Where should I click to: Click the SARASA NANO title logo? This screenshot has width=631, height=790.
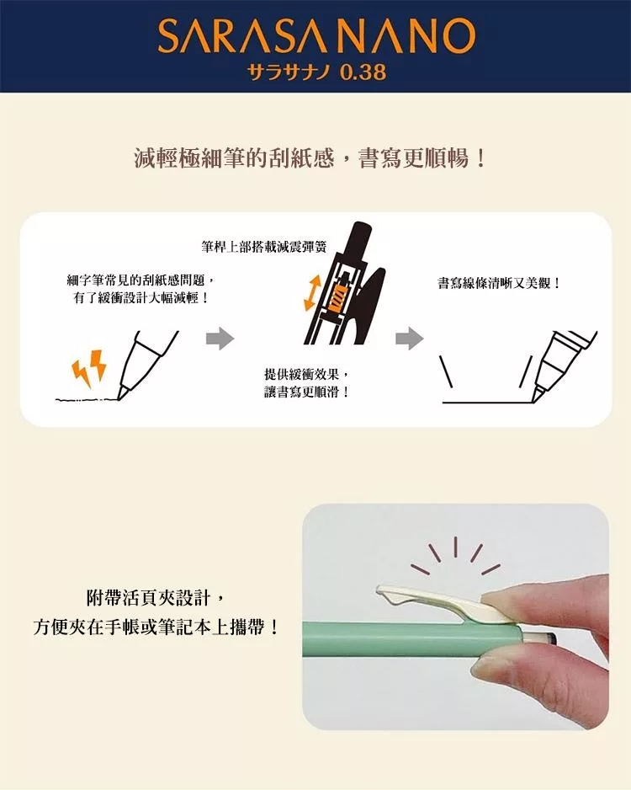[x=316, y=35]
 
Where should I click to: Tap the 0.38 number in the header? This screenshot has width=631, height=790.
[x=363, y=72]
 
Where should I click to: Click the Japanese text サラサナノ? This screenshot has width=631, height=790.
[x=289, y=72]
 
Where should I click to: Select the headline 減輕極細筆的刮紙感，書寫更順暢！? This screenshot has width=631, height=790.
[x=310, y=158]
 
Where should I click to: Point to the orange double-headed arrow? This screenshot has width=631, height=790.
[x=312, y=293]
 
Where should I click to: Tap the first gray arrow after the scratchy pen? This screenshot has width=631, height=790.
[x=220, y=339]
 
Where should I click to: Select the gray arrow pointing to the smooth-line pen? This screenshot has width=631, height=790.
[x=410, y=339]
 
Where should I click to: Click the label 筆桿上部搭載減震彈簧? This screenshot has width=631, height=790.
[x=263, y=247]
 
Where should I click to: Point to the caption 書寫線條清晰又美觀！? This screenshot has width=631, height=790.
[x=499, y=283]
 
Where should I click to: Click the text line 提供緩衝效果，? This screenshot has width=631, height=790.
[x=306, y=374]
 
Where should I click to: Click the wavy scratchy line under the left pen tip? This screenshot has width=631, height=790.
[x=87, y=400]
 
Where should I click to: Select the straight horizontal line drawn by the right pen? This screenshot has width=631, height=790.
[x=487, y=403]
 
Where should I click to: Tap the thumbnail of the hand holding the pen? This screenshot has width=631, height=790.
[x=455, y=617]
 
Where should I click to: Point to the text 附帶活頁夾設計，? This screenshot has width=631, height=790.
[x=156, y=599]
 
